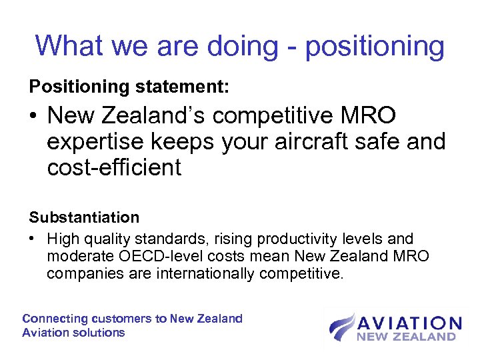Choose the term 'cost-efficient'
114,167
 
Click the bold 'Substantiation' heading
84,217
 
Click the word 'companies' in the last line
77,273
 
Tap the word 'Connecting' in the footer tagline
55,319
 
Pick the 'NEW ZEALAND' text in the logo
407,337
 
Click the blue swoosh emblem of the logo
342,327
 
